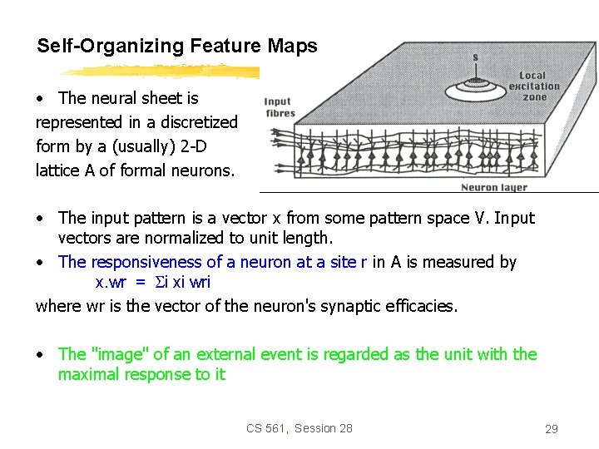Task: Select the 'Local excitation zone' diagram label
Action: (533, 86)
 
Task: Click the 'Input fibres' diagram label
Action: (278, 108)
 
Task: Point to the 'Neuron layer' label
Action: (494, 188)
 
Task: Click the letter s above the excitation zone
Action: (475, 57)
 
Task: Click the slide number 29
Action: (551, 429)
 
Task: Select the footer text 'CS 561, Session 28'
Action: (299, 428)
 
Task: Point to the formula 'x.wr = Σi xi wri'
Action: (153, 282)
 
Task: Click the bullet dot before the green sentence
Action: (40, 355)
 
